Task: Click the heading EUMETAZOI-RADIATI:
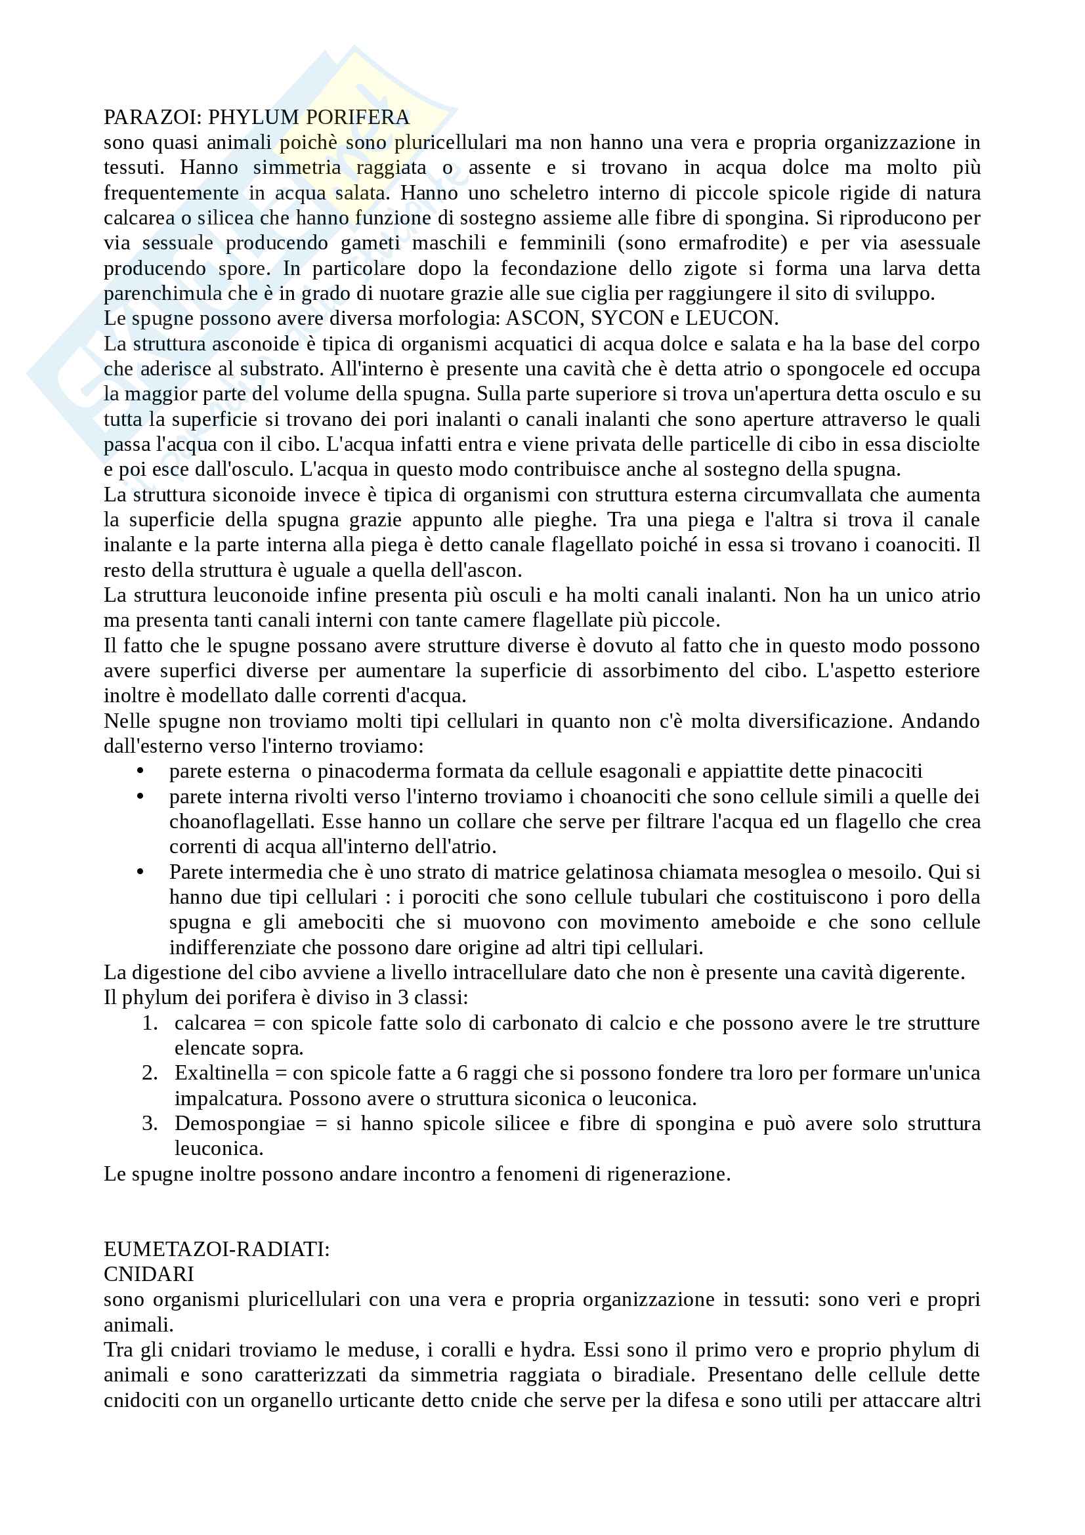[217, 1250]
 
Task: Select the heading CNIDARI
[148, 1274]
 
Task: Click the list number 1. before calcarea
[150, 1023]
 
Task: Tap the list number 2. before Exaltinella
[150, 1073]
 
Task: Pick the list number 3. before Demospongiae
[150, 1123]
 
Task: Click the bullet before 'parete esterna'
[140, 772]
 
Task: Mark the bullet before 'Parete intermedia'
[140, 872]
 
